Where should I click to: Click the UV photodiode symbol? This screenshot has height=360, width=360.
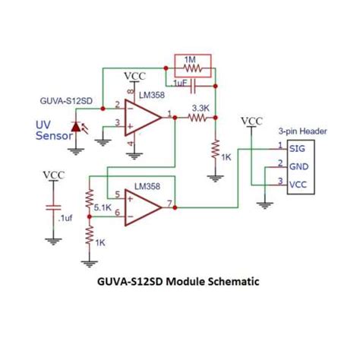(75, 128)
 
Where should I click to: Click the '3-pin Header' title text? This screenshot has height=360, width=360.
(302, 131)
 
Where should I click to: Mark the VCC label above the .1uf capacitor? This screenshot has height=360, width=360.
(53, 175)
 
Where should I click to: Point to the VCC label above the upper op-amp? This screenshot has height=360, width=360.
(134, 76)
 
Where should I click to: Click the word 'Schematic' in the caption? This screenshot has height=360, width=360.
(232, 281)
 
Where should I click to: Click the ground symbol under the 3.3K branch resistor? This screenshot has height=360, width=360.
(216, 175)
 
